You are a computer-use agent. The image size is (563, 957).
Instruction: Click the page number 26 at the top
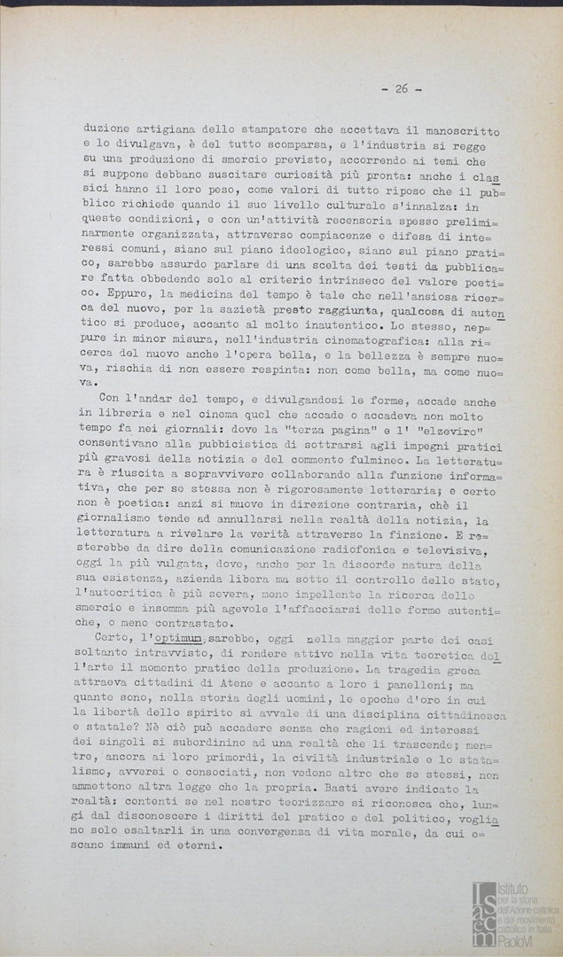click(401, 89)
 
